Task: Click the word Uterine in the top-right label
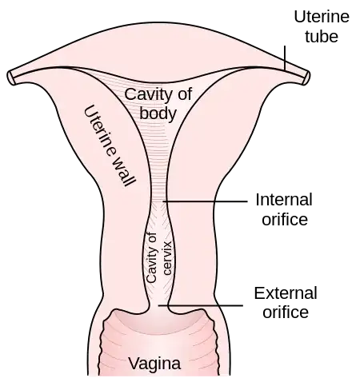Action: pos(322,17)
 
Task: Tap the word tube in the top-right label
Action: pos(322,37)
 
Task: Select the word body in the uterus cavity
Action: pos(158,113)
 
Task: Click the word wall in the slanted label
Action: pos(123,171)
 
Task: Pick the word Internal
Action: pos(284,200)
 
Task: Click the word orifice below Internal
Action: pos(285,220)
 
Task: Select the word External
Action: pos(286,293)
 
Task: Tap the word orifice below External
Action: pos(286,312)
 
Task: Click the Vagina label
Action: pos(154,364)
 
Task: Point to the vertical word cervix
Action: pos(167,258)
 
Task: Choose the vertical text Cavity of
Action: pos(151,257)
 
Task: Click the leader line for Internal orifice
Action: pos(205,201)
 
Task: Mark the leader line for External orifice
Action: pos(201,305)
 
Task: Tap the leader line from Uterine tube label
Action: pos(285,58)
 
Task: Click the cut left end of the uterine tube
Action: pos(10,78)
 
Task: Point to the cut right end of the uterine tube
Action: pos(306,78)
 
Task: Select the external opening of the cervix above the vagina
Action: pos(158,308)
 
